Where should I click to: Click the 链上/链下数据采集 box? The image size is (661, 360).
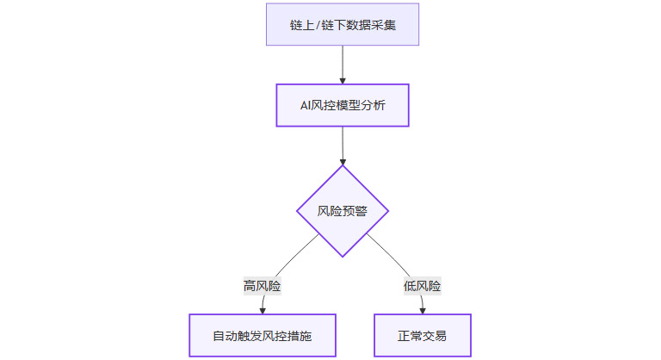pos(343,23)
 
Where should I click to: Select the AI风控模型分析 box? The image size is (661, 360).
pos(343,105)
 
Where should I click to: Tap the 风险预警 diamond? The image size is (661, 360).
pos(343,211)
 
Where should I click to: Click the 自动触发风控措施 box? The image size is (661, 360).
pos(263,335)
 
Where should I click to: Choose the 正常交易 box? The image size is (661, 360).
pos(423,335)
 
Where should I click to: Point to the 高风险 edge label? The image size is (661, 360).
pos(263,286)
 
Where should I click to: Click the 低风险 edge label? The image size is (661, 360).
pos(422,286)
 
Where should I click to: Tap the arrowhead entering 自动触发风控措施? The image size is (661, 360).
pos(263,309)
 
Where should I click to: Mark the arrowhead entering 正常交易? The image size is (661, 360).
pos(423,309)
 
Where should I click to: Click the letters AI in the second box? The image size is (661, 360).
pos(306,105)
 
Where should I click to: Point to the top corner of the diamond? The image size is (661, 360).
pos(343,166)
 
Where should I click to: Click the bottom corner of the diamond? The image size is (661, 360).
pos(343,256)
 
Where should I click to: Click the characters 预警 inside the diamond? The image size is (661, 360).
pos(355,211)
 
